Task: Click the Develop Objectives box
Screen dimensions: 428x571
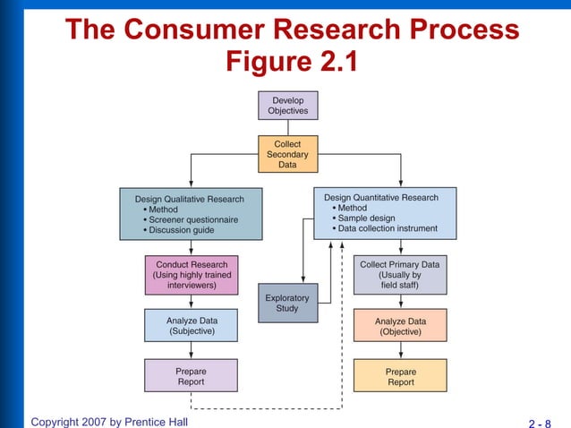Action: click(287, 106)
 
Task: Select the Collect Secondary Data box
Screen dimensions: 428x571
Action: click(287, 154)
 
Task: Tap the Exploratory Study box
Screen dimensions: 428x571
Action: click(287, 304)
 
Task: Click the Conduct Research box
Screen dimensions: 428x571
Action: click(192, 275)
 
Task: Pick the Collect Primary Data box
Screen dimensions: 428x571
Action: click(400, 275)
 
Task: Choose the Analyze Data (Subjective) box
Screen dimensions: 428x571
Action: click(192, 326)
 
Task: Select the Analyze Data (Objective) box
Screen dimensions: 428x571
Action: click(400, 326)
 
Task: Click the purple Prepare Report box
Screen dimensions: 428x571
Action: click(192, 376)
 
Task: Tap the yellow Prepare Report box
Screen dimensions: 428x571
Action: click(400, 376)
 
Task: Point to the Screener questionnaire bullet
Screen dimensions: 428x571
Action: click(192, 219)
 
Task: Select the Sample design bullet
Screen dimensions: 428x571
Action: click(365, 218)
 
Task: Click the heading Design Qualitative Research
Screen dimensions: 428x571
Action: click(189, 199)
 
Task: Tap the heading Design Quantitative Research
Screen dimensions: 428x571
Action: click(381, 197)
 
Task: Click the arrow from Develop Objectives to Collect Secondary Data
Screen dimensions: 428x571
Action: click(287, 127)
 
